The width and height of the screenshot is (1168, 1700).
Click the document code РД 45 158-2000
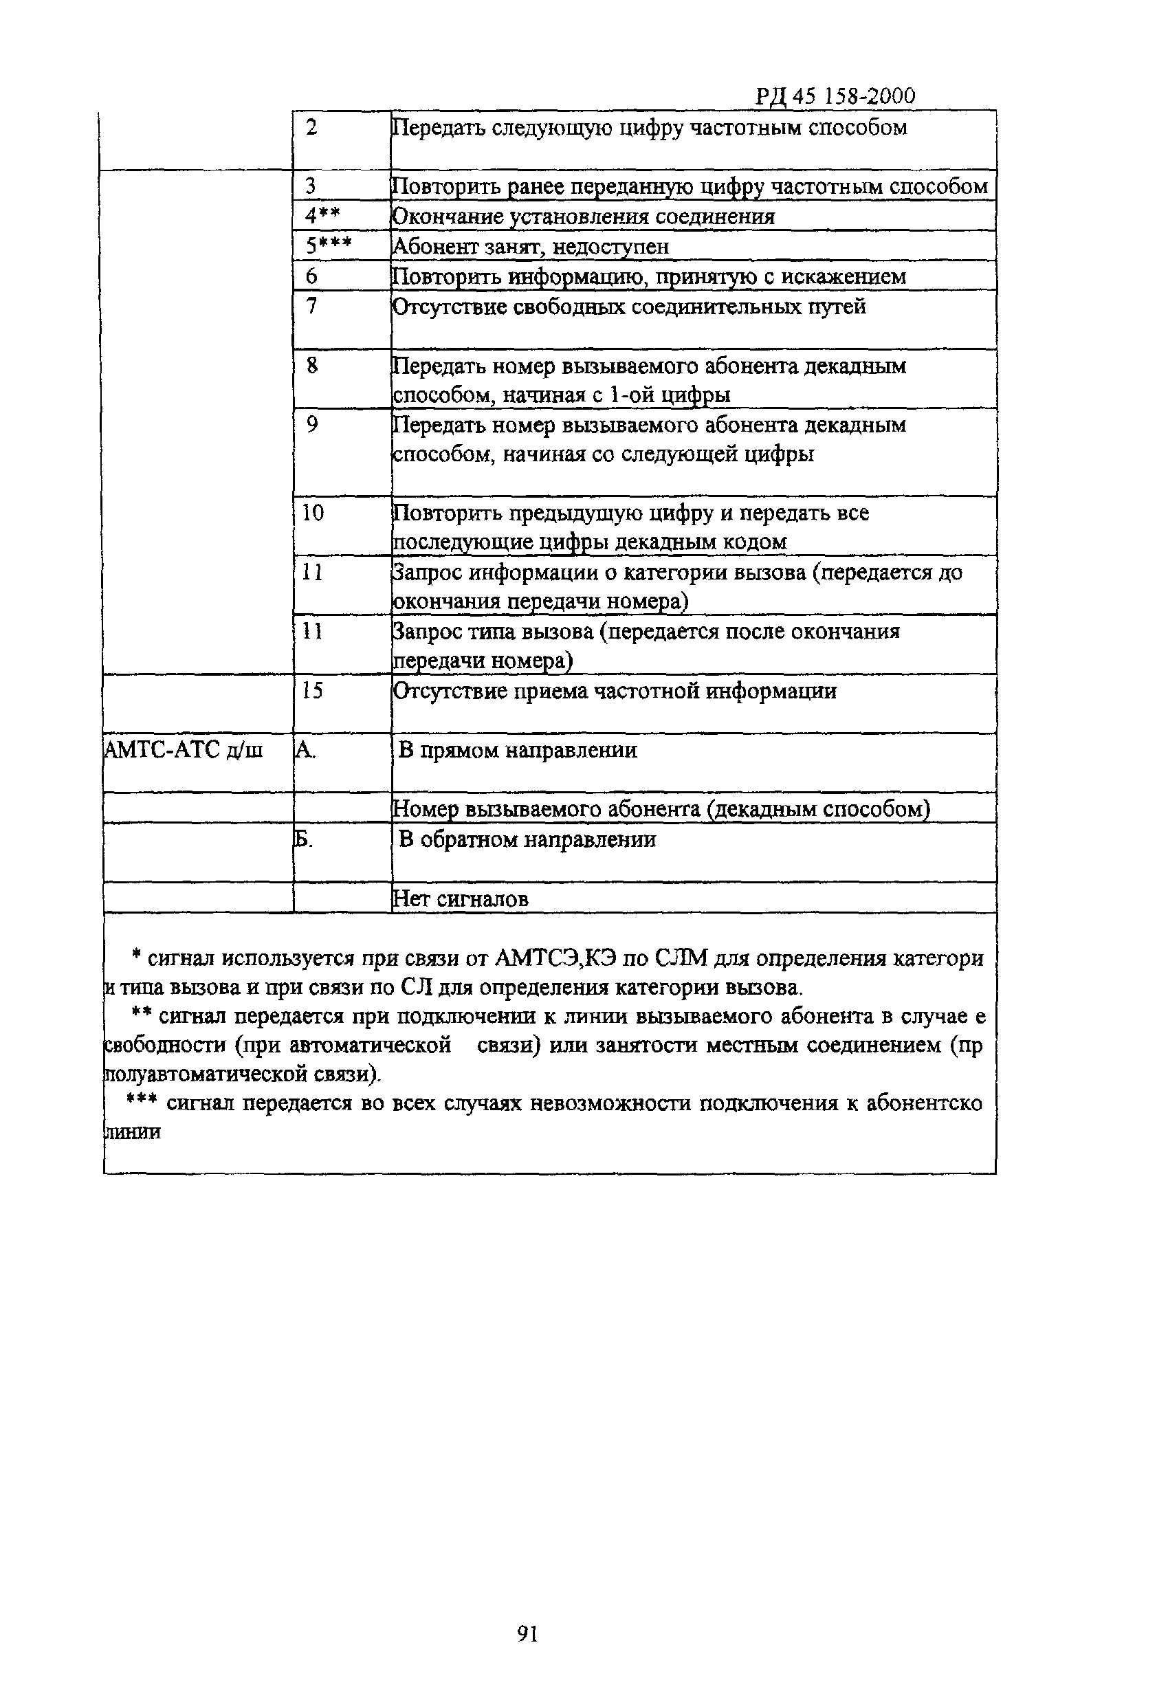(834, 96)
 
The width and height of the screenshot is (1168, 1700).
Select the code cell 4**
(322, 216)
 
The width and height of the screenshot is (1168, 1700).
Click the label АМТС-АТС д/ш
(184, 750)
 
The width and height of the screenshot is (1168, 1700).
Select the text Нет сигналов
(461, 898)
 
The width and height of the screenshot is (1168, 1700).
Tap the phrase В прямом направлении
(517, 750)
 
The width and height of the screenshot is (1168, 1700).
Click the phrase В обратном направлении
(526, 839)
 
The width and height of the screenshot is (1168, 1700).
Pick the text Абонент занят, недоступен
(531, 247)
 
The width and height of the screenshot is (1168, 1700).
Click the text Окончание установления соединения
(583, 217)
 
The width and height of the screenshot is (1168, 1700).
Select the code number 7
(311, 306)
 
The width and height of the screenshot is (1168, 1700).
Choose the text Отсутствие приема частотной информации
(615, 691)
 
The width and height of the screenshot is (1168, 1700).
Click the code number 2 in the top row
(311, 127)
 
